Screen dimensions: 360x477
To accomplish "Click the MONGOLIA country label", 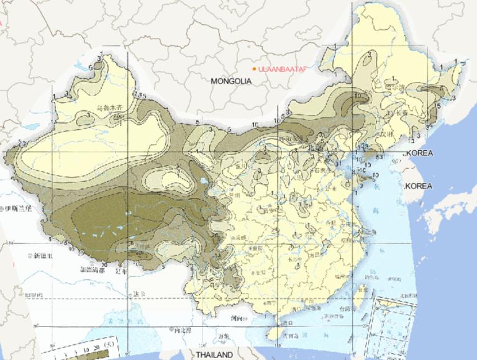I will [230, 81].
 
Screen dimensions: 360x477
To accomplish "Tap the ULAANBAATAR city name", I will [283, 68].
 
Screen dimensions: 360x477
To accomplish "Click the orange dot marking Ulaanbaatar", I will [255, 68].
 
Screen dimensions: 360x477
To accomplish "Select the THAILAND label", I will [214, 355].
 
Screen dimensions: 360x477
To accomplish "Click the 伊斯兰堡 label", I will [20, 210].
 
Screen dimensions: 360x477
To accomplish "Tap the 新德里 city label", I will [44, 255].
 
